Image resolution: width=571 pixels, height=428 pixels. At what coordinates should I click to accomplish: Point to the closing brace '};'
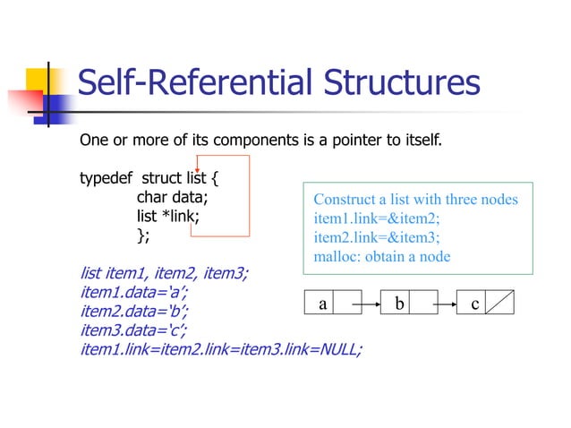(143, 235)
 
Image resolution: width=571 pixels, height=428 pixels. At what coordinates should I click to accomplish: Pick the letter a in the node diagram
(323, 304)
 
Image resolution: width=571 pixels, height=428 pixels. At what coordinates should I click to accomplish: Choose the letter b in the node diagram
(400, 304)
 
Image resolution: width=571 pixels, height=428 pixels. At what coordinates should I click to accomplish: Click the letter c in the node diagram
(475, 304)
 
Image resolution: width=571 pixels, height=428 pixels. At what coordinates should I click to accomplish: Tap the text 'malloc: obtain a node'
(382, 256)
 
